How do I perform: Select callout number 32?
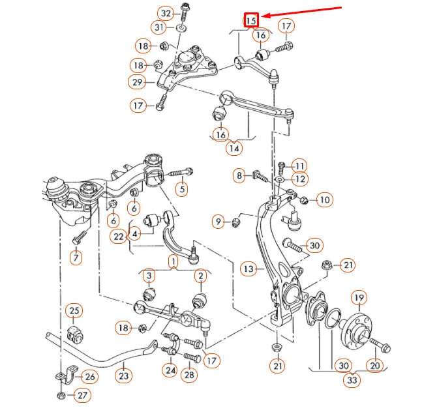[166, 13]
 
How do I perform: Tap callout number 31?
[159, 27]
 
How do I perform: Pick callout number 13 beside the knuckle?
[248, 267]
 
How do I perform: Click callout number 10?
[324, 199]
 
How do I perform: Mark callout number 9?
[219, 222]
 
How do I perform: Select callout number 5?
[182, 190]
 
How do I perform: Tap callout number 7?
[76, 257]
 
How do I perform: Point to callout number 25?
[74, 311]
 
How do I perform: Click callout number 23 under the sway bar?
[123, 375]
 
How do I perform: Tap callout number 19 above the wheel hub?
[359, 299]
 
